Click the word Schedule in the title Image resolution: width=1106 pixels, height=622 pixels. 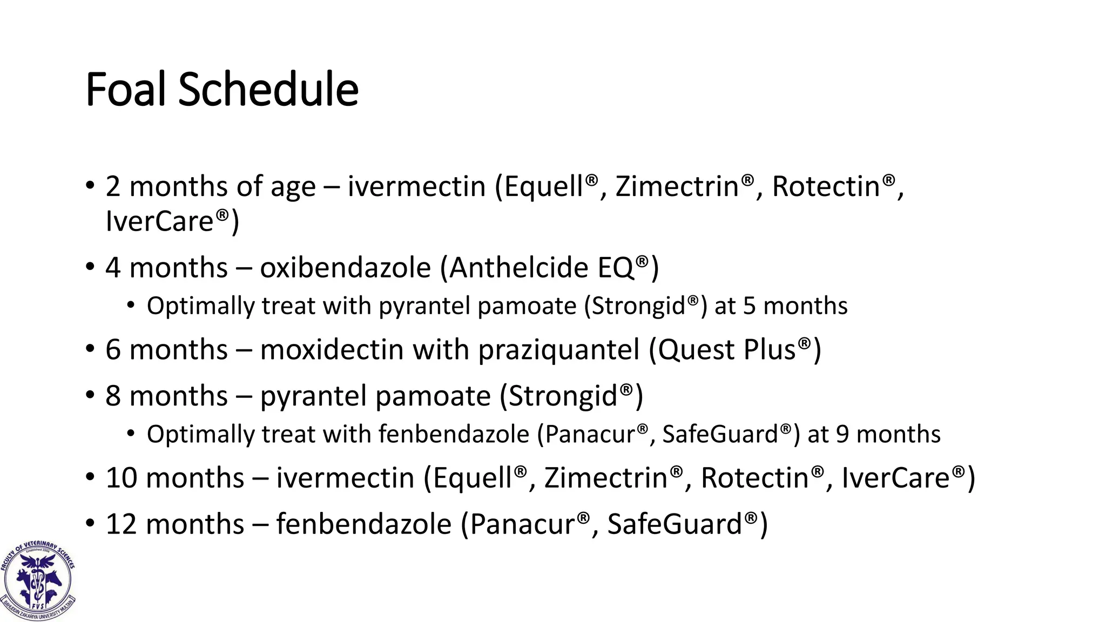pyautogui.click(x=268, y=89)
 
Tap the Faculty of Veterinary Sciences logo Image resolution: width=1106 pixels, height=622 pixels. pyautogui.click(x=38, y=580)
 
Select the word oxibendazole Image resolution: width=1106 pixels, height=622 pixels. pyautogui.click(x=345, y=268)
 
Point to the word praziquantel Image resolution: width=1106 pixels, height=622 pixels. pyautogui.click(x=559, y=349)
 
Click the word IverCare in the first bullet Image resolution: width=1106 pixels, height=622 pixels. pyautogui.click(x=160, y=221)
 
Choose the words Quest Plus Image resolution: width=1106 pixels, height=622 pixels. pyautogui.click(x=727, y=349)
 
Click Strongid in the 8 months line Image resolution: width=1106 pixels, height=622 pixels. pyautogui.click(x=563, y=396)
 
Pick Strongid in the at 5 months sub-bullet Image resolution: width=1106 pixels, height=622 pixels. pyautogui.click(x=639, y=306)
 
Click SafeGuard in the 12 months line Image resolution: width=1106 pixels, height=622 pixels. pyautogui.click(x=675, y=524)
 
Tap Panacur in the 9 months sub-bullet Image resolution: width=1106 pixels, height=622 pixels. pyautogui.click(x=590, y=434)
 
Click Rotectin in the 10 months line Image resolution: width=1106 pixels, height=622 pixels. pyautogui.click(x=754, y=478)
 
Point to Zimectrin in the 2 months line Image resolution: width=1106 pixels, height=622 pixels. pyautogui.click(x=677, y=186)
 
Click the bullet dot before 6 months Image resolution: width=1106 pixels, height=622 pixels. pyautogui.click(x=90, y=349)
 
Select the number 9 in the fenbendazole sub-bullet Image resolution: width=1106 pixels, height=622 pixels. pyautogui.click(x=842, y=434)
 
